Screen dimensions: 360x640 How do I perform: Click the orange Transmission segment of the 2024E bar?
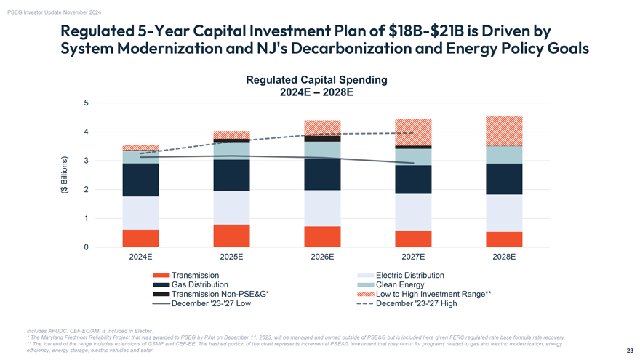click(x=140, y=239)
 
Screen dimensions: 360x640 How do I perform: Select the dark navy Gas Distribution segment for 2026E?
click(x=322, y=175)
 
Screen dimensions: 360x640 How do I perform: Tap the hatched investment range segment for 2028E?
click(x=504, y=131)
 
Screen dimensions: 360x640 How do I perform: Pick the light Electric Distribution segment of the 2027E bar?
click(x=413, y=212)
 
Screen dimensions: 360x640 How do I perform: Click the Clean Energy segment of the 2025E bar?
click(x=231, y=151)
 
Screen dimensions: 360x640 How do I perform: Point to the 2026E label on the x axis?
click(x=322, y=257)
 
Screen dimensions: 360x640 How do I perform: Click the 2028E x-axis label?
click(x=504, y=257)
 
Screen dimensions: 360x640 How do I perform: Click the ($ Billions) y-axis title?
click(x=64, y=176)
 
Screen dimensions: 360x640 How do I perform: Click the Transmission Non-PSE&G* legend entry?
click(x=220, y=294)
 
